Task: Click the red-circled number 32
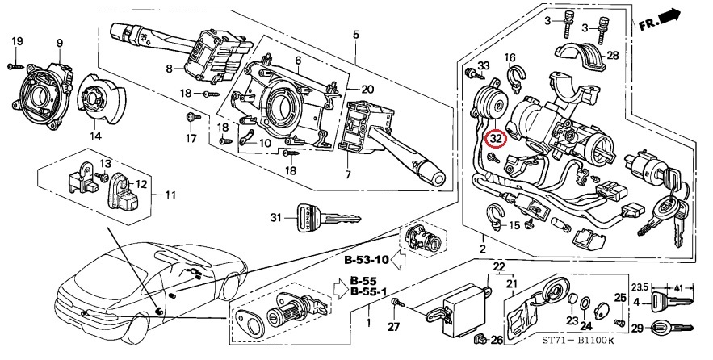tap(495, 139)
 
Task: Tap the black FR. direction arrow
tap(670, 17)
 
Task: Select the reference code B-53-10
tap(366, 260)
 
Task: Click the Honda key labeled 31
tap(329, 218)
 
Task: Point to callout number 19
tap(17, 41)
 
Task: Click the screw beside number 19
tap(15, 66)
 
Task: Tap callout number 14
tap(95, 136)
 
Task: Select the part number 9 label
tap(60, 44)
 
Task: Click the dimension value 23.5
tap(640, 287)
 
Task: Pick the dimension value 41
tap(677, 287)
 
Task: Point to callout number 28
tap(613, 56)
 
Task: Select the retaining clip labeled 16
tap(516, 77)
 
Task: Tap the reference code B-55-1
tap(368, 291)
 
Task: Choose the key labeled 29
tap(673, 327)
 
